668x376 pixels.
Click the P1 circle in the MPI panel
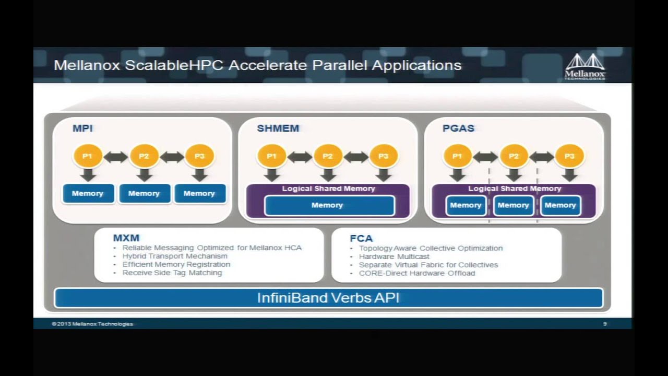tap(87, 156)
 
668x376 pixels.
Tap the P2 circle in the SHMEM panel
tap(328, 156)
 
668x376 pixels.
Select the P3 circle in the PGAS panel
tap(569, 156)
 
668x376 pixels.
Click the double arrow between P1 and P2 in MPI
tap(115, 156)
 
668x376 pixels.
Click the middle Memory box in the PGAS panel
tap(513, 205)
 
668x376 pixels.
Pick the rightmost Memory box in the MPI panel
tap(199, 193)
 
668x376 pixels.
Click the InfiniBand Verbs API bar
tap(328, 298)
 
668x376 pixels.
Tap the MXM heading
tap(126, 238)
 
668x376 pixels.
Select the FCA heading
tap(361, 239)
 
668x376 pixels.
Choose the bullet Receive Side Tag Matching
tap(172, 273)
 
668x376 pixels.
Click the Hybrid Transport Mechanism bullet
tap(175, 256)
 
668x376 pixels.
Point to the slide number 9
tap(605, 324)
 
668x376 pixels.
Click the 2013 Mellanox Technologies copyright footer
tap(92, 324)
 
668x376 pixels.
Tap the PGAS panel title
tap(458, 128)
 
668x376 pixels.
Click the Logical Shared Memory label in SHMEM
tap(329, 189)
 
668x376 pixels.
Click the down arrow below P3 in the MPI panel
tap(199, 175)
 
